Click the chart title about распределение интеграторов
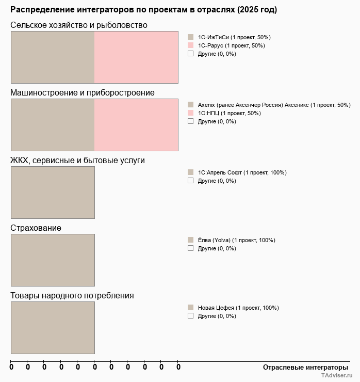pyautogui.click(x=143, y=10)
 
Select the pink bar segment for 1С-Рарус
pyautogui.click(x=136, y=57)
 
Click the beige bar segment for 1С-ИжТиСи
pyautogui.click(x=53, y=57)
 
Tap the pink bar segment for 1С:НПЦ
pyautogui.click(x=136, y=125)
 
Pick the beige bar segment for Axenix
pyautogui.click(x=53, y=125)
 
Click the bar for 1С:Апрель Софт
pyautogui.click(x=53, y=193)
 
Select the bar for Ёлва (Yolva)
pyautogui.click(x=53, y=260)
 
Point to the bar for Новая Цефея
pyautogui.click(x=53, y=328)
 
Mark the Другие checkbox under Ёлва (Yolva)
pyautogui.click(x=190, y=248)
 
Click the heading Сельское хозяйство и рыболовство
pyautogui.click(x=79, y=25)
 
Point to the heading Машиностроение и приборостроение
pyautogui.click(x=83, y=93)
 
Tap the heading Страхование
pyautogui.click(x=36, y=228)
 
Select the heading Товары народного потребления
pyautogui.click(x=72, y=296)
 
